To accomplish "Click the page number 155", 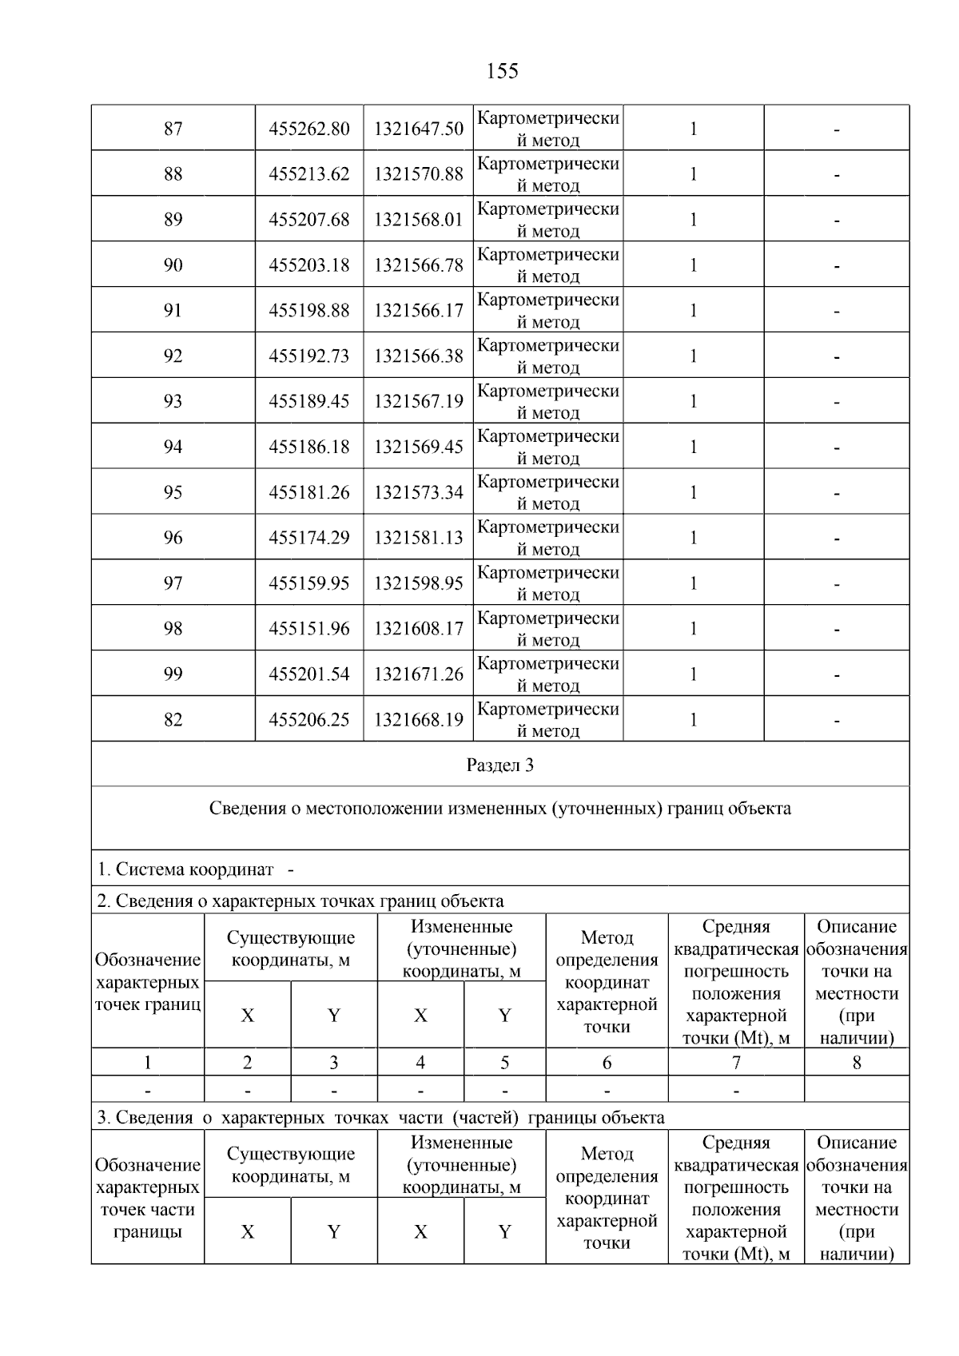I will [x=502, y=71].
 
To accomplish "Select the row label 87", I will [x=173, y=129].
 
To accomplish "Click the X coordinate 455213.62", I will [x=309, y=174].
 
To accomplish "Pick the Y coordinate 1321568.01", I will [x=418, y=220].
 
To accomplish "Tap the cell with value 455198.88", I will [x=309, y=311].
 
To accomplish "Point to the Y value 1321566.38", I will [x=418, y=356].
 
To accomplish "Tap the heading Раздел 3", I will [x=500, y=765].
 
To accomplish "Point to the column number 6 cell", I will [x=607, y=1063].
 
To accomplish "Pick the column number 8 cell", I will [x=857, y=1063].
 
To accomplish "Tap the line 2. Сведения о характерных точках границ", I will [x=300, y=901].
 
